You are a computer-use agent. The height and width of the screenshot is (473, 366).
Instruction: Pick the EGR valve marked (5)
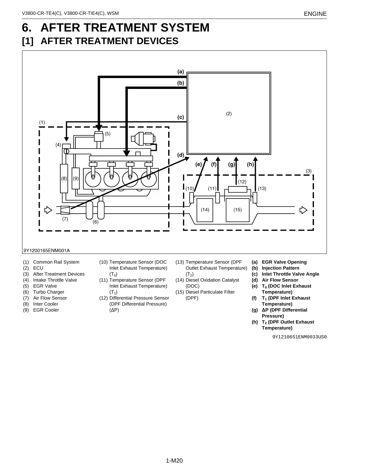click(x=99, y=137)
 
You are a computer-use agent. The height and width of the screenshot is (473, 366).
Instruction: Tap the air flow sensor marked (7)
click(x=65, y=210)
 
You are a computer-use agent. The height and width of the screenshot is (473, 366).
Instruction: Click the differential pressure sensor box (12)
click(x=238, y=190)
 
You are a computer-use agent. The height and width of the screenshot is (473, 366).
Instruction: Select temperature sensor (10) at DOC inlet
click(x=192, y=198)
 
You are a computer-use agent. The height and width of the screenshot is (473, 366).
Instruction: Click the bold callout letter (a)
click(x=180, y=72)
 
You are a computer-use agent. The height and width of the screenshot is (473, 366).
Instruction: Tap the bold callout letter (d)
click(x=180, y=155)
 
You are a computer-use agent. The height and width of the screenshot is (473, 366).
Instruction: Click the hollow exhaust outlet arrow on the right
click(x=304, y=210)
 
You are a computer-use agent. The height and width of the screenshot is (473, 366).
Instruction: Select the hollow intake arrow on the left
click(x=48, y=210)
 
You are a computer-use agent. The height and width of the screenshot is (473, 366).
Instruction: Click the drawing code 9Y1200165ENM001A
click(x=47, y=251)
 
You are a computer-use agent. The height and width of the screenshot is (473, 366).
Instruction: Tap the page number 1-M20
click(x=174, y=461)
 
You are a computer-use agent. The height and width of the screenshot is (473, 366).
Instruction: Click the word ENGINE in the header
click(x=315, y=14)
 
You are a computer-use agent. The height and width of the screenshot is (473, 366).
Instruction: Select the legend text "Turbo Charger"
click(x=49, y=292)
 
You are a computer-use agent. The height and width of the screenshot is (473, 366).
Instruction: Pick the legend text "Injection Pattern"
click(x=280, y=268)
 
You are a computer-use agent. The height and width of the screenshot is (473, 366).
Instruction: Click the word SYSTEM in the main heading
click(x=185, y=28)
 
